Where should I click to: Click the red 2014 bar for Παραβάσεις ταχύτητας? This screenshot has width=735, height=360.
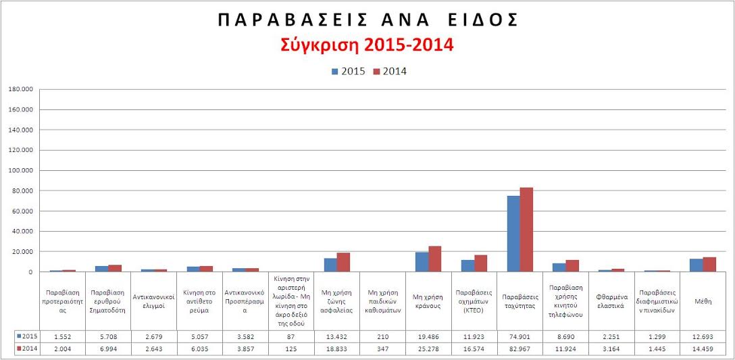tap(526, 230)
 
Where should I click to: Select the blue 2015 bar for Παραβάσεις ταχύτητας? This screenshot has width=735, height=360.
tap(513, 234)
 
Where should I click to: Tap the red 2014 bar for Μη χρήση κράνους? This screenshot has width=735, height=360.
tap(434, 259)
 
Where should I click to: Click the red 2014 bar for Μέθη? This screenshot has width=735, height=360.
tap(709, 264)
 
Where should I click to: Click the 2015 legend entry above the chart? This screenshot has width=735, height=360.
tap(348, 71)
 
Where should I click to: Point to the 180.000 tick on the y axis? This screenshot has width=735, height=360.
tap(21, 89)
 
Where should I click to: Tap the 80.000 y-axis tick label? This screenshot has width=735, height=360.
tap(22, 190)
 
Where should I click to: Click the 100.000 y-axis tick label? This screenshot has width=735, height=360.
tap(21, 170)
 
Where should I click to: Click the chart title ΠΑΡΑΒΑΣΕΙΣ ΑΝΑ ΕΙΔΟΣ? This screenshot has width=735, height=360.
tap(367, 20)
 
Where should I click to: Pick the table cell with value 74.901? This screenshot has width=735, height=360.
tap(519, 336)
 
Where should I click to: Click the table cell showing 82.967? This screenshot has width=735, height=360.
tap(519, 349)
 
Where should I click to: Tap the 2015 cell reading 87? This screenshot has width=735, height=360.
tap(291, 336)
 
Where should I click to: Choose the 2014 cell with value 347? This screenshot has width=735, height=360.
tap(382, 349)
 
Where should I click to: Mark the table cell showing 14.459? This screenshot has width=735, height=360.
tap(703, 349)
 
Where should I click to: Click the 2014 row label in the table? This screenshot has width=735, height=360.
tap(27, 349)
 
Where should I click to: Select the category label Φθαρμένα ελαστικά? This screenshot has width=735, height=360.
tap(611, 301)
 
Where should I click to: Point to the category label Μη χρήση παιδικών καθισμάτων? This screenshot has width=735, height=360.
tap(382, 301)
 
